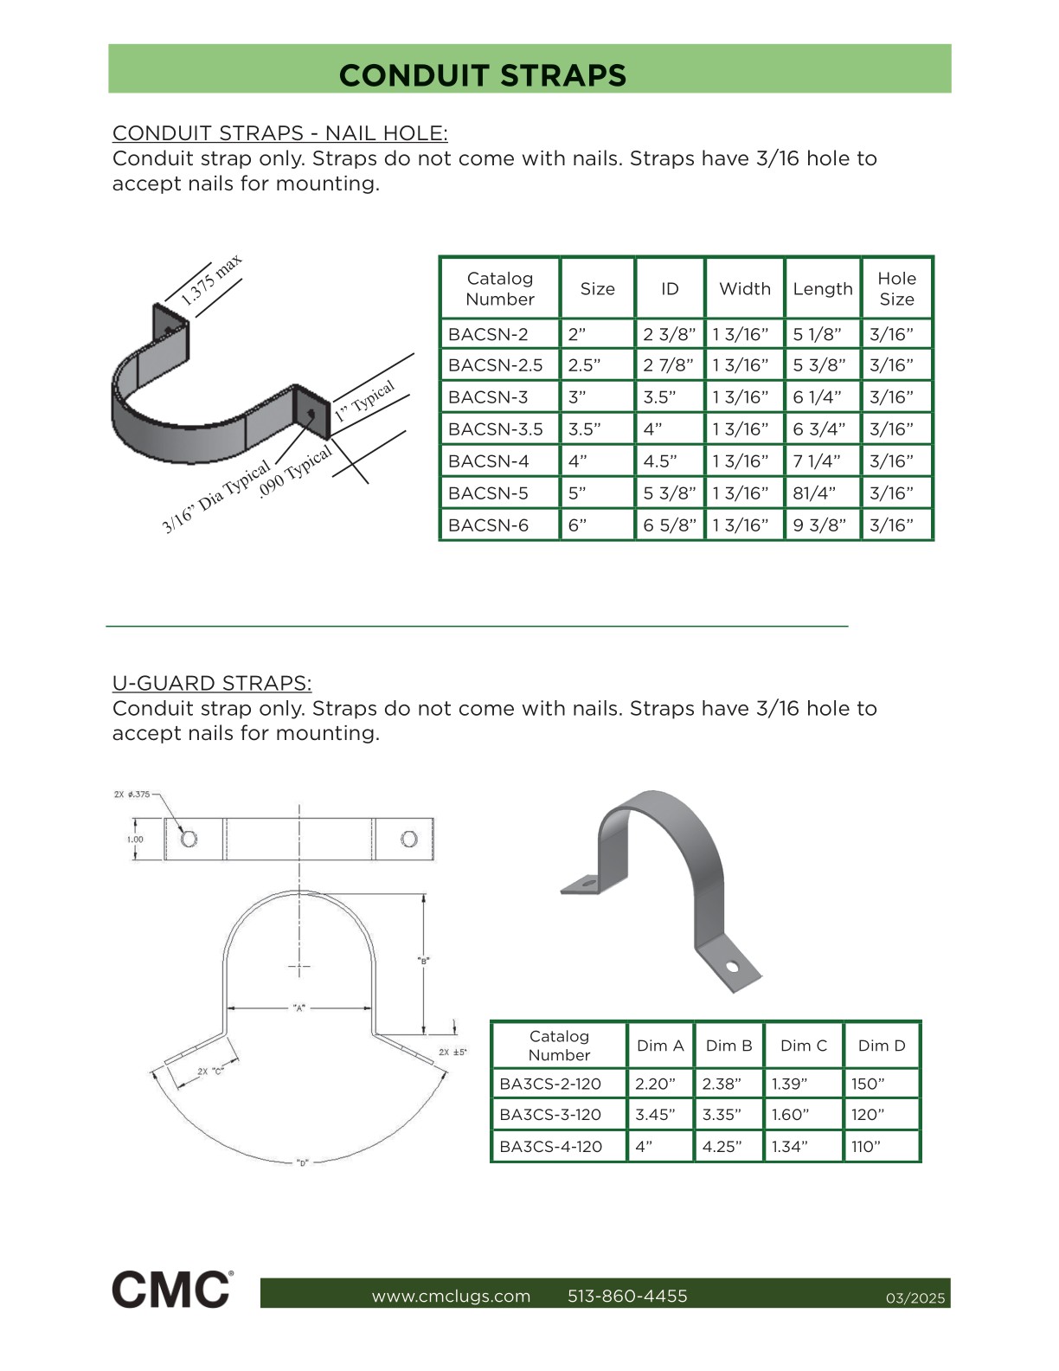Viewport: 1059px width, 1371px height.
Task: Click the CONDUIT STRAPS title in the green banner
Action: click(x=483, y=75)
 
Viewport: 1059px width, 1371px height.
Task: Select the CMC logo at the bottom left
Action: click(x=171, y=1290)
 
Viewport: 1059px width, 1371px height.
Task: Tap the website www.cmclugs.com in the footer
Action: click(x=451, y=1296)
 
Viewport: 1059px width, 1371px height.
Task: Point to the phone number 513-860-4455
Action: click(x=627, y=1296)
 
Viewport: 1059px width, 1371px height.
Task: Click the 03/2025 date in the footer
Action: click(x=915, y=1298)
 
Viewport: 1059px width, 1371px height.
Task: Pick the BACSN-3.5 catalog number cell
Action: click(x=496, y=429)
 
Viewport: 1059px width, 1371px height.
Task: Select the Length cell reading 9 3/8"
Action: click(x=819, y=525)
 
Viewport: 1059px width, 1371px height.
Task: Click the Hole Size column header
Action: click(x=896, y=289)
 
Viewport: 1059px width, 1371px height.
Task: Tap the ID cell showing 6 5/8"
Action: click(x=669, y=525)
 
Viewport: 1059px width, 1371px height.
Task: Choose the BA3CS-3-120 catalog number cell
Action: click(x=550, y=1115)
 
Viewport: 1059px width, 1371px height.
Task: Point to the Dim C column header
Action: click(x=803, y=1046)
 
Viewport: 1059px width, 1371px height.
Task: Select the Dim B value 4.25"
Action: click(x=722, y=1147)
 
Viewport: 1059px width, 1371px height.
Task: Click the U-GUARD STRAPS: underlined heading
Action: click(x=212, y=684)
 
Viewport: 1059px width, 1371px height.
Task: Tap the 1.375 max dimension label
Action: click(x=211, y=280)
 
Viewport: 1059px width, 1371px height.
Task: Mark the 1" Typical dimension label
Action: click(x=365, y=401)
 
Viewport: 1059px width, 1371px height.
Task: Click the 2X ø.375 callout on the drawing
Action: click(x=132, y=794)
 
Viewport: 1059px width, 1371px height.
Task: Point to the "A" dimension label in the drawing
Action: click(x=299, y=1007)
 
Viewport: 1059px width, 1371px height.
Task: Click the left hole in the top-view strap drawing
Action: click(x=189, y=839)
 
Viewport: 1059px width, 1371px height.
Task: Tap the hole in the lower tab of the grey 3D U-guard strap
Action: click(x=732, y=966)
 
